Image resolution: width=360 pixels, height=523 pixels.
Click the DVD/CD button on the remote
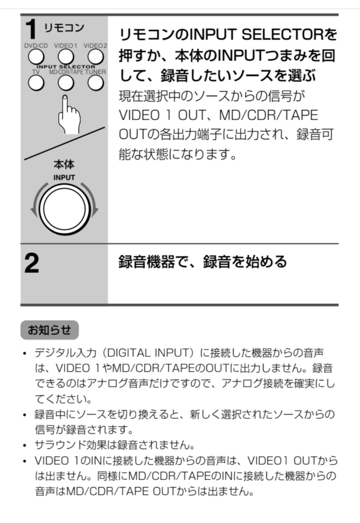click(36, 57)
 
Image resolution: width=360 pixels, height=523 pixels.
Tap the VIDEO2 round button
click(95, 57)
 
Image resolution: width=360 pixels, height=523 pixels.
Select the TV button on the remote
click(36, 83)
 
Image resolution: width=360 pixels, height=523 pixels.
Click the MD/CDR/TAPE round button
click(66, 83)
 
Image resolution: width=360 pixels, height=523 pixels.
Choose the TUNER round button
click(95, 83)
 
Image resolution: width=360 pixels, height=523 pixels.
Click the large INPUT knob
click(65, 209)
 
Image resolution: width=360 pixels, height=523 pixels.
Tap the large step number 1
click(31, 29)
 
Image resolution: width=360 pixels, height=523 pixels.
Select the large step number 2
click(32, 264)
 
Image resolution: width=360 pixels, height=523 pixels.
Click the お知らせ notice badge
click(50, 330)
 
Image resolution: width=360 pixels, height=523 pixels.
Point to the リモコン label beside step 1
click(64, 28)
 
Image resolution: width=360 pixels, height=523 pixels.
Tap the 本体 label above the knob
click(64, 164)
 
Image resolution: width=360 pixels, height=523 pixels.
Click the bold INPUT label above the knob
click(64, 177)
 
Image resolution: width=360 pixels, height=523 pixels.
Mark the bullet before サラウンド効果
click(25, 446)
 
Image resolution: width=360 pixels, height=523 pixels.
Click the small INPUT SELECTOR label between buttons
click(66, 67)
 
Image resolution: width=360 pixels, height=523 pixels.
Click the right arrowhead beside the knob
click(95, 211)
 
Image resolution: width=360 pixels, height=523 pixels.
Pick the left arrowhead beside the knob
click(34, 211)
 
